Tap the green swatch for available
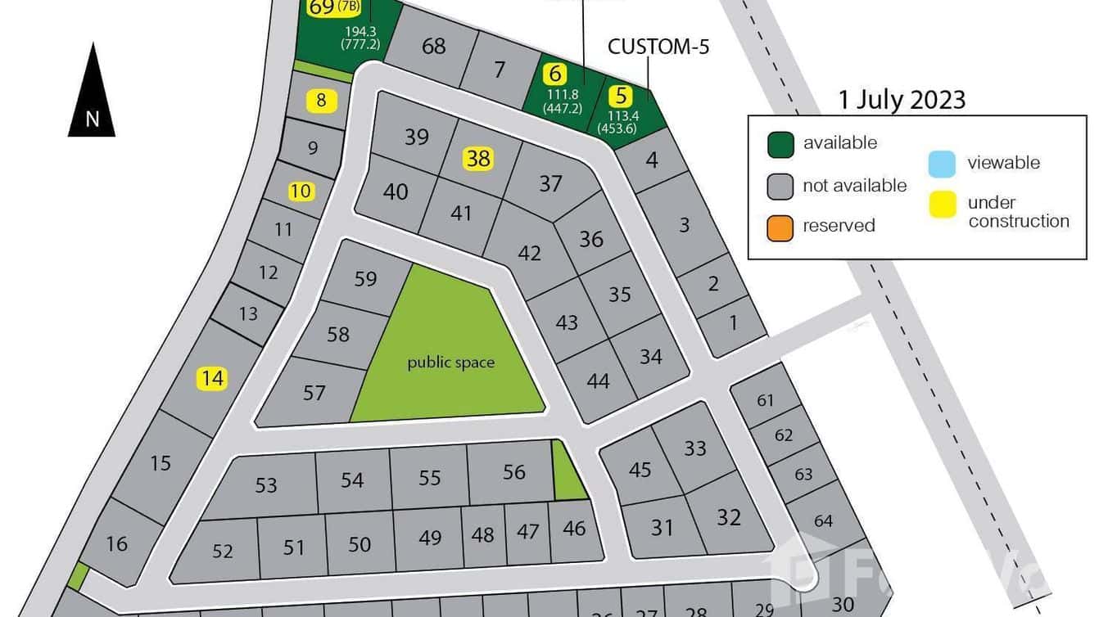[x=780, y=144]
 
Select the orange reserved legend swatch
[x=780, y=227]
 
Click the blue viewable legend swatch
[x=943, y=164]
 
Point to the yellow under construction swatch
[x=943, y=206]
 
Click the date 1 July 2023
[x=902, y=100]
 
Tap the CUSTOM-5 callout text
[x=658, y=47]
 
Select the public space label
[x=450, y=362]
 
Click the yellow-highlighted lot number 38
[x=478, y=158]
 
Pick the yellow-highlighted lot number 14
[x=212, y=378]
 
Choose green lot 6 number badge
[x=555, y=74]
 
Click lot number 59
[x=365, y=279]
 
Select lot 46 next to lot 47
[x=574, y=529]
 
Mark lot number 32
[x=728, y=517]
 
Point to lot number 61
[x=766, y=400]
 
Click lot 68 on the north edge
[x=433, y=46]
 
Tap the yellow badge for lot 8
[x=321, y=101]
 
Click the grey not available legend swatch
[x=780, y=186]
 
